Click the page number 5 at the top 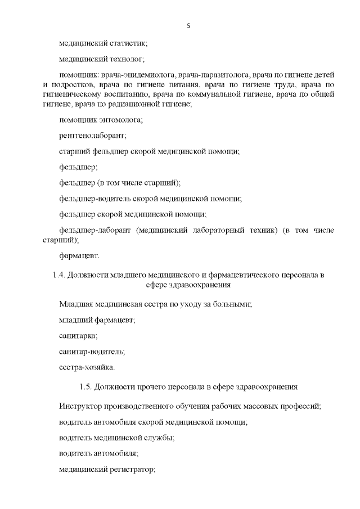[x=188, y=26]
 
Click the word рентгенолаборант [x=92, y=136]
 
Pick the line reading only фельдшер [x=78, y=167]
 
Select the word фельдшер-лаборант [x=94, y=230]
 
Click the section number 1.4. [x=57, y=275]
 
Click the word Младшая [x=76, y=304]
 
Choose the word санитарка [x=78, y=336]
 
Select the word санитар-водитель [x=92, y=352]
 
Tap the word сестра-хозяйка [x=87, y=368]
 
